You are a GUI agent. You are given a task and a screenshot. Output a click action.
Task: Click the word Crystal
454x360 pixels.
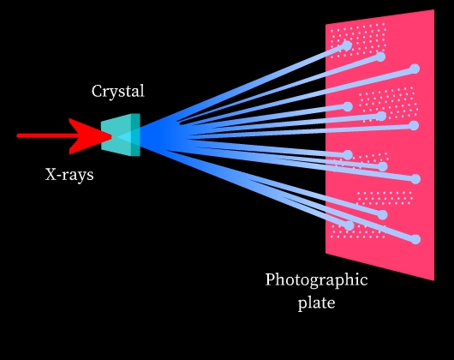tap(118, 91)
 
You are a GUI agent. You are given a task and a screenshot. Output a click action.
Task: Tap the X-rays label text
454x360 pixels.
tap(69, 175)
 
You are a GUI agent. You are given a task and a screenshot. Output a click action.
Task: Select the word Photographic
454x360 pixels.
tap(316, 280)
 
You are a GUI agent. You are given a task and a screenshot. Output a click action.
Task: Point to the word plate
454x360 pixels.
tap(316, 303)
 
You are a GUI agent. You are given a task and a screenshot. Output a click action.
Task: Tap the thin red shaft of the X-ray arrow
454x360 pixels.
tap(46, 135)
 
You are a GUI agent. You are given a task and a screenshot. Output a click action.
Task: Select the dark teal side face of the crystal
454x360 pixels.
tap(135, 135)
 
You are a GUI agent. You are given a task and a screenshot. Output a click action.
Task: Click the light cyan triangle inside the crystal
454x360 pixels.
tap(124, 136)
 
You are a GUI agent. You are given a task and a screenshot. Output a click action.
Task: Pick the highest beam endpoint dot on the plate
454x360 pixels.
tap(347, 45)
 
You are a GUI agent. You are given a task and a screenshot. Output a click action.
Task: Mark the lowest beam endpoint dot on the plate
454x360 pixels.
tap(415, 239)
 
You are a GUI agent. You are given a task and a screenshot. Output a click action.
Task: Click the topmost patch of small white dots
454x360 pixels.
tap(358, 40)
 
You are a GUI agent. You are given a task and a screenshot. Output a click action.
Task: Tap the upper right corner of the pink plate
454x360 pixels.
tap(433, 9)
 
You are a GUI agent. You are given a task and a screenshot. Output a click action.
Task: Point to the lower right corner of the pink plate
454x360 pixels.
tap(433, 280)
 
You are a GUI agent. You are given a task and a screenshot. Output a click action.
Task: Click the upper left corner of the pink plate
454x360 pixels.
tap(326, 25)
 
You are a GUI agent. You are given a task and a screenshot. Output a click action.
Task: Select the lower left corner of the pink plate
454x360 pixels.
tap(326, 253)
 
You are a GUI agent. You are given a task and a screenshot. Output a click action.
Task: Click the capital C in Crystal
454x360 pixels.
tap(97, 91)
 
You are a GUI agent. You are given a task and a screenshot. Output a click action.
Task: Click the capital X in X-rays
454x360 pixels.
tap(51, 174)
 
